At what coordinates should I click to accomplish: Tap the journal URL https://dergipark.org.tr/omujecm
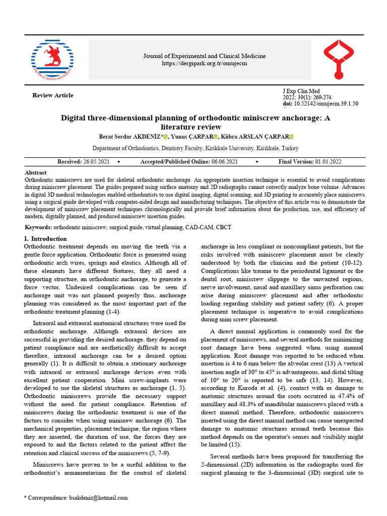(x=205, y=63)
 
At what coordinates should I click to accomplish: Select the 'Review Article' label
(x=53, y=95)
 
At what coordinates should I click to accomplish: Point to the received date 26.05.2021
(x=96, y=162)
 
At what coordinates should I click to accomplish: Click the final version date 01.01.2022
(x=328, y=162)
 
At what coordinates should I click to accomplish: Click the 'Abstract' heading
(x=35, y=172)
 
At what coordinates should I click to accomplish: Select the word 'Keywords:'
(x=38, y=227)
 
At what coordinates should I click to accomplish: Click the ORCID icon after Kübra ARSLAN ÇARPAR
(x=291, y=137)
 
